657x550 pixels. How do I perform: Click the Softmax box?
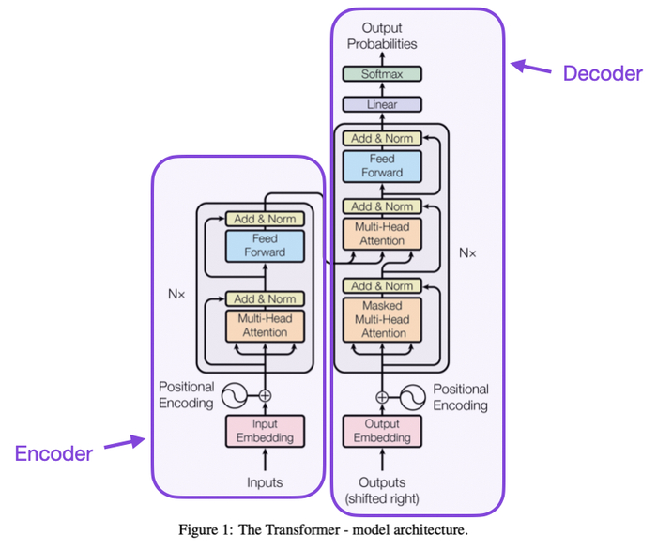pyautogui.click(x=382, y=73)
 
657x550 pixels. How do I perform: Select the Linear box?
pyautogui.click(x=382, y=105)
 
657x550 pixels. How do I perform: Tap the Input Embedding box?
pyautogui.click(x=265, y=431)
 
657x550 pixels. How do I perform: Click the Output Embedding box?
pyautogui.click(x=382, y=431)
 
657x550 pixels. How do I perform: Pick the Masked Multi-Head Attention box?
pyautogui.click(x=382, y=319)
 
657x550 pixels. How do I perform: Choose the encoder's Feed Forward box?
pyautogui.click(x=265, y=246)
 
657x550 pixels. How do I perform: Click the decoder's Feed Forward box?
pyautogui.click(x=382, y=166)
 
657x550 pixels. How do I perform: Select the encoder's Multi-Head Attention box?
pyautogui.click(x=265, y=326)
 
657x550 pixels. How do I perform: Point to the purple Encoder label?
pyautogui.click(x=53, y=454)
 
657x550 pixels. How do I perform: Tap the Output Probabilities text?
pyautogui.click(x=382, y=37)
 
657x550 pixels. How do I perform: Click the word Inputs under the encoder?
pyautogui.click(x=265, y=483)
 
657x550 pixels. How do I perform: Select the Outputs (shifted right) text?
pyautogui.click(x=382, y=490)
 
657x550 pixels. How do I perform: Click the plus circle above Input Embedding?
pyautogui.click(x=265, y=395)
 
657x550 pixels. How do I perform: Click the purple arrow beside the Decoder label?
pyautogui.click(x=532, y=68)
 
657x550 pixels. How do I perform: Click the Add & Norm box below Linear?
pyautogui.click(x=382, y=138)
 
